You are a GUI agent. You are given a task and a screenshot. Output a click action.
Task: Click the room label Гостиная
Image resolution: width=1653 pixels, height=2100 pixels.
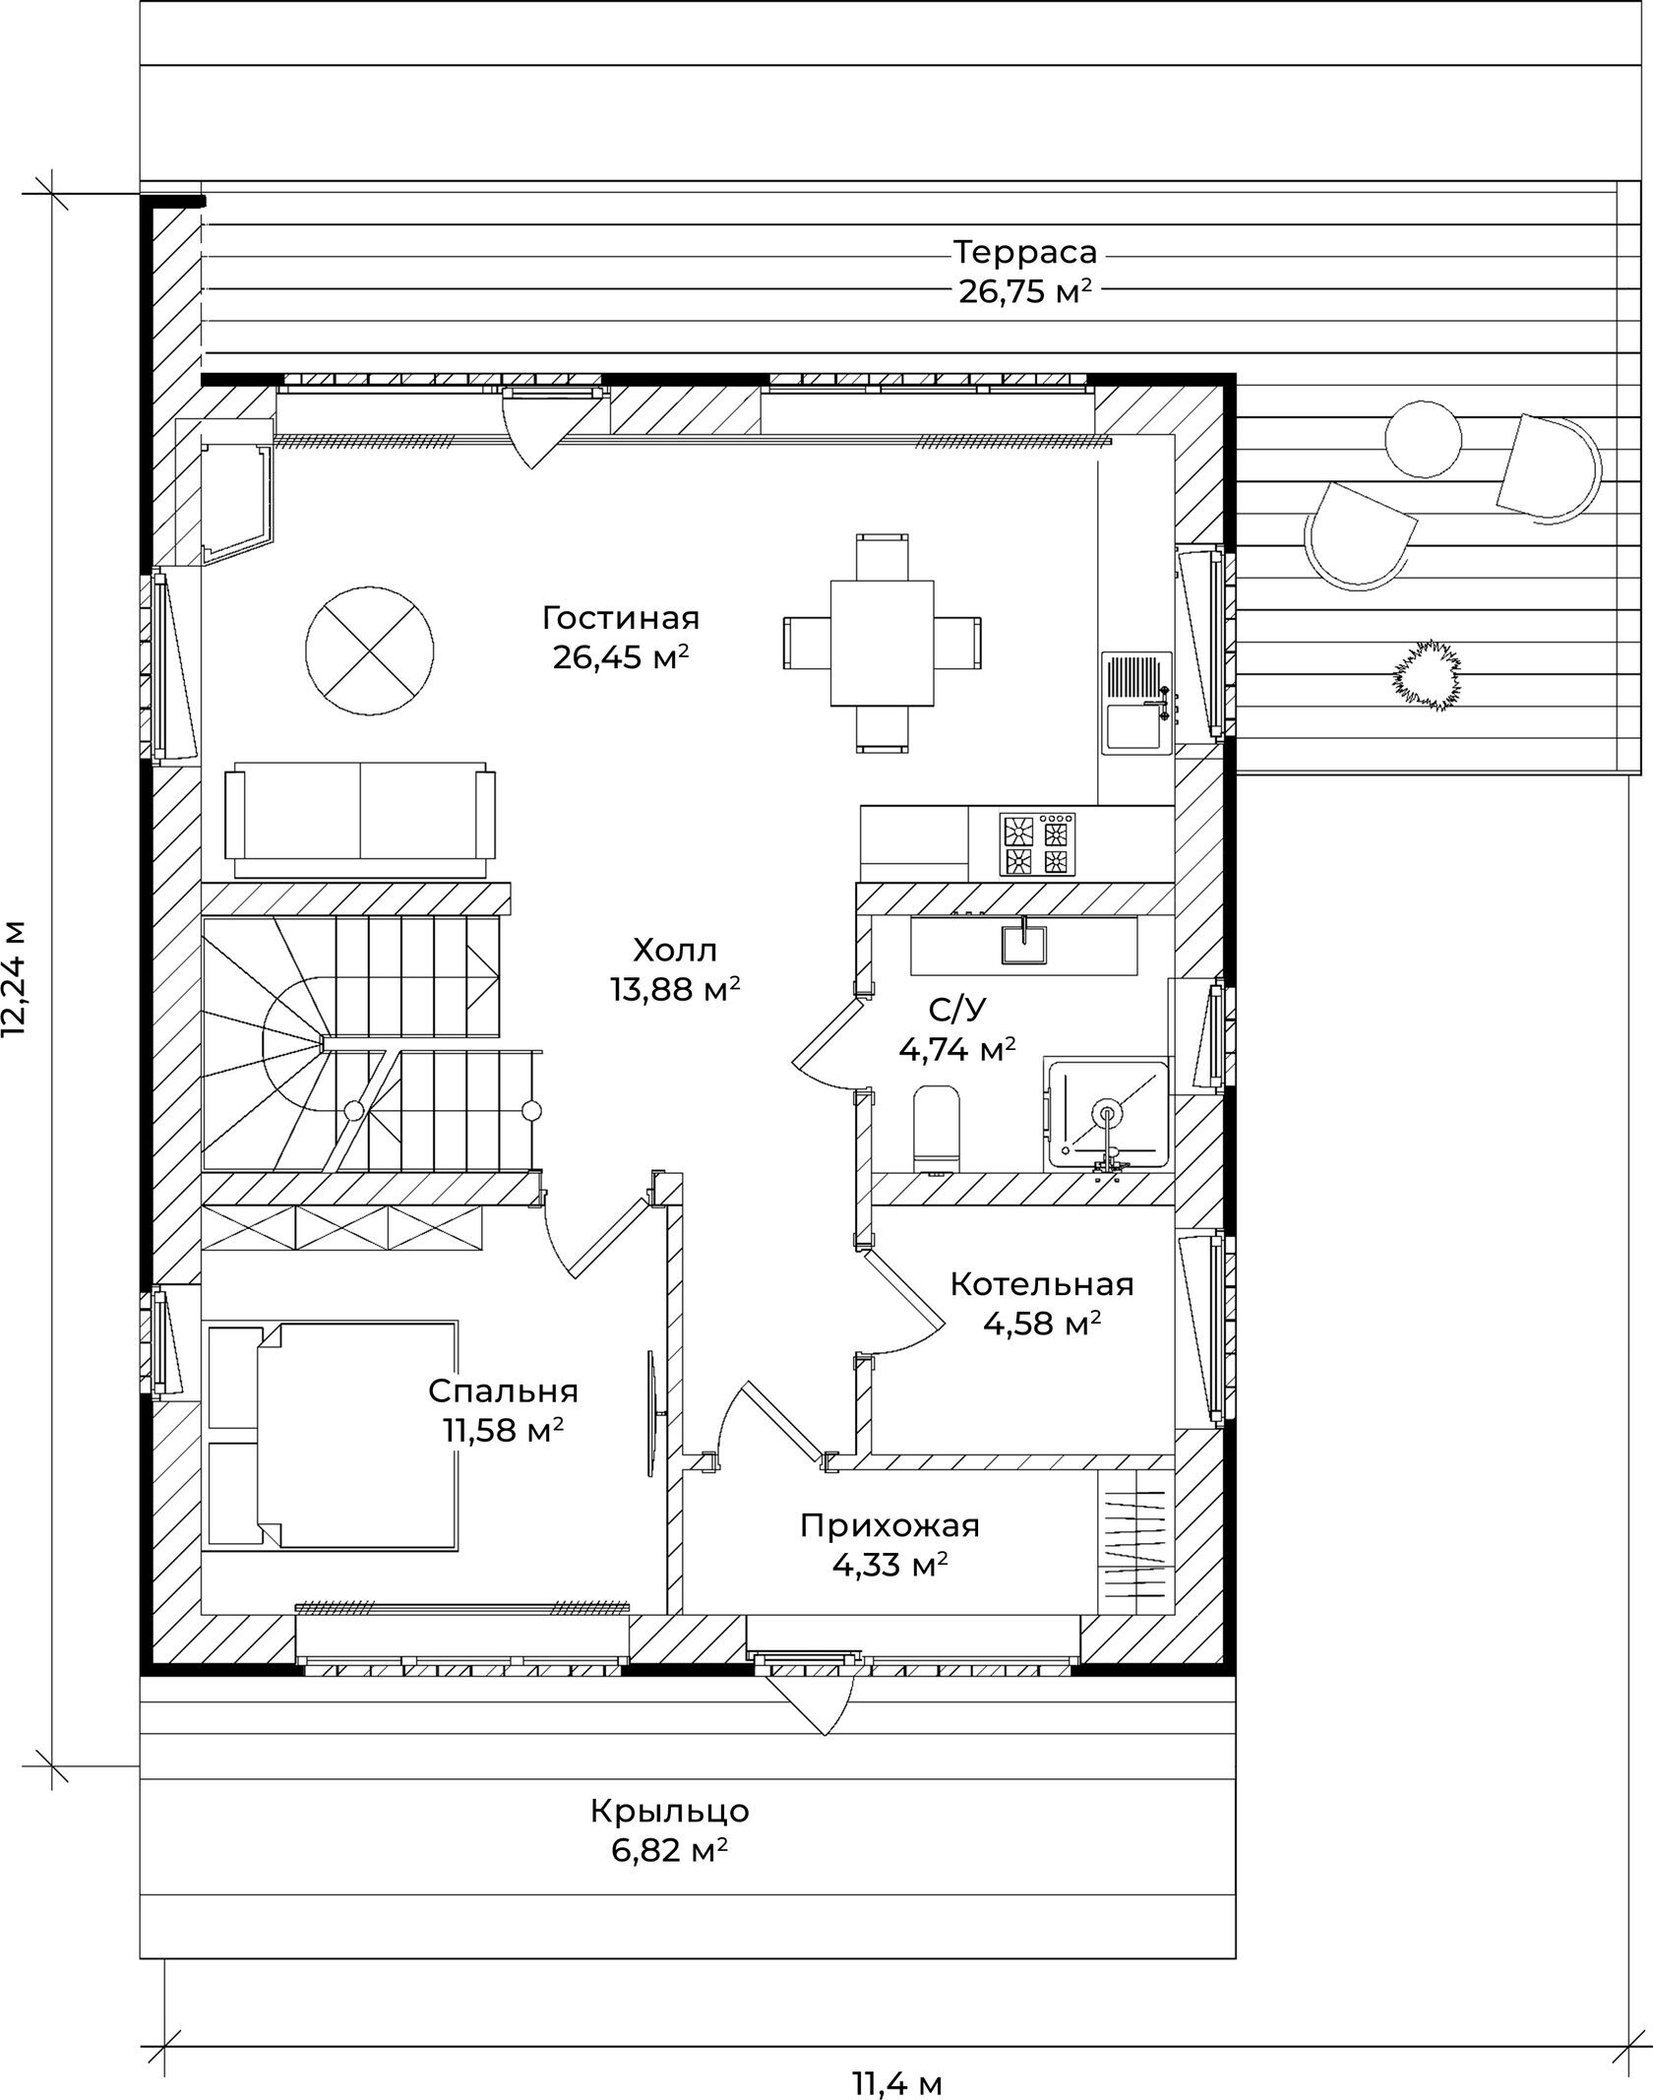620,618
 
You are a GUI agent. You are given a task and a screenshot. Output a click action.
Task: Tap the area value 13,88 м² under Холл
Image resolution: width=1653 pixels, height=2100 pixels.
674,989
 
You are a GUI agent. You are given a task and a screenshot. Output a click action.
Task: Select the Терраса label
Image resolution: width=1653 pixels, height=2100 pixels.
1025,253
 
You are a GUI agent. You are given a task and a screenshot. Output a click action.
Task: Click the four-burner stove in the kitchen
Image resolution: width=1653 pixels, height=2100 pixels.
1037,843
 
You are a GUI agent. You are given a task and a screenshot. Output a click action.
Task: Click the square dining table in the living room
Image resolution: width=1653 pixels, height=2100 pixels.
882,643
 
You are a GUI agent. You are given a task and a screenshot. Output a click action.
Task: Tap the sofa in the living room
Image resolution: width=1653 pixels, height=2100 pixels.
360,819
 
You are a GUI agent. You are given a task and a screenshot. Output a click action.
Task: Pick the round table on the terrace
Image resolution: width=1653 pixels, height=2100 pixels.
1423,440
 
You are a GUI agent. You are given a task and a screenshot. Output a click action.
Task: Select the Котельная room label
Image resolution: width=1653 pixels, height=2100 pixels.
1042,1284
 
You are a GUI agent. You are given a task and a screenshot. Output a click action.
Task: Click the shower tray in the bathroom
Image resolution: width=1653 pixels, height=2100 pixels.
1108,1114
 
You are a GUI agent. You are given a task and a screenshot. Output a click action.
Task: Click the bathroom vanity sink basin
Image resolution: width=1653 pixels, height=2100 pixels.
1024,943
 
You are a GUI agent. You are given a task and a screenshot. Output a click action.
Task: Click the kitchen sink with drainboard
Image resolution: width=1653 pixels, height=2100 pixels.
1137,703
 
